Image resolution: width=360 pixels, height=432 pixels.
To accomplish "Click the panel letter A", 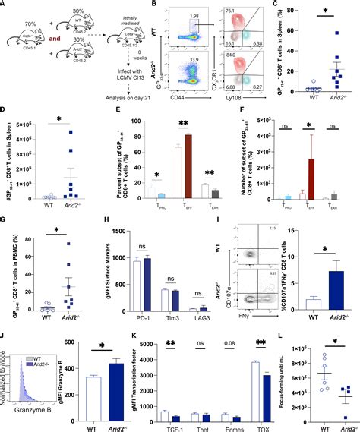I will point(5,5).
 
